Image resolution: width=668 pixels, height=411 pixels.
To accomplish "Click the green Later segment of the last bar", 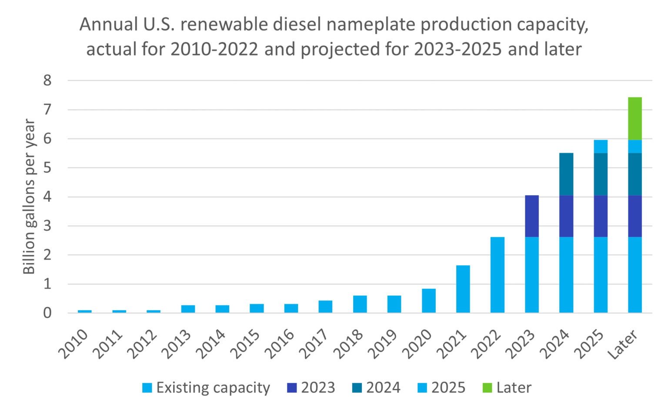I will click(x=635, y=118).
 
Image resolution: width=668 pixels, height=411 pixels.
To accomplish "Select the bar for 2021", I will click(x=463, y=289).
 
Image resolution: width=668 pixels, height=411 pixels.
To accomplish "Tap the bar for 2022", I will click(x=498, y=275).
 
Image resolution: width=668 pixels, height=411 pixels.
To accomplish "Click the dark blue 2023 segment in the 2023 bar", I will click(x=532, y=216).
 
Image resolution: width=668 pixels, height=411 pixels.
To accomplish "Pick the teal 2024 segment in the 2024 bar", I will click(x=566, y=174).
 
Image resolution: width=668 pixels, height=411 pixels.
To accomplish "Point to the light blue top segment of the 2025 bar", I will click(x=601, y=147).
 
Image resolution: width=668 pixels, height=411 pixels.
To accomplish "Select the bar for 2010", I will click(x=85, y=311).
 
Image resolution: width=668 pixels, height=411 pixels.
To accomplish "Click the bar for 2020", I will click(x=429, y=301).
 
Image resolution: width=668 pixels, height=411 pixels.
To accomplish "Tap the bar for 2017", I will click(x=325, y=307).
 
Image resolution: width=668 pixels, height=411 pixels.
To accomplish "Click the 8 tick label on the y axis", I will click(x=47, y=80).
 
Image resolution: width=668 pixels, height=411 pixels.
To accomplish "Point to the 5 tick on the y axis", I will click(x=47, y=168).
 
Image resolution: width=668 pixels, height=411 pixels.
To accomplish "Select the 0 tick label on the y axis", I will click(x=47, y=313).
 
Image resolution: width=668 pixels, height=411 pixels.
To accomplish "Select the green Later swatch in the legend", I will click(x=488, y=388).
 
